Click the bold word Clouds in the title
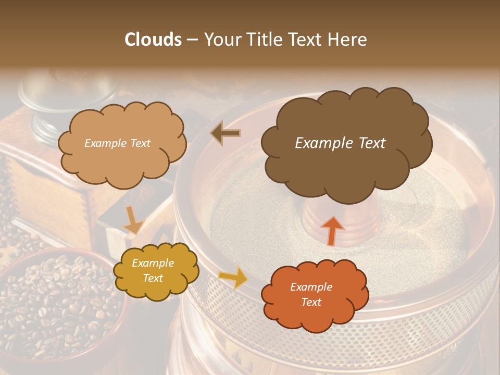coord(154,40)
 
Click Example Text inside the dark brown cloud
coord(340,143)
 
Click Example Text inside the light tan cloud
coord(117,143)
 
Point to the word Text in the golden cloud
coord(153,278)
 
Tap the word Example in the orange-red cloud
coord(311,287)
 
